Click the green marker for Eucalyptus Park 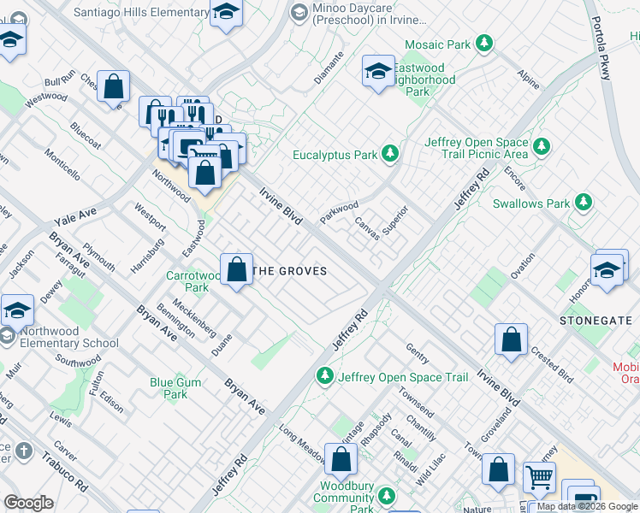[x=390, y=155]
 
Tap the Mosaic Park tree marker [x=484, y=42]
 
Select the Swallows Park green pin [x=583, y=203]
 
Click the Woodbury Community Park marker [x=387, y=496]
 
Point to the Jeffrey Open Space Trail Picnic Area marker [x=541, y=147]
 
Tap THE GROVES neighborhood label [x=291, y=271]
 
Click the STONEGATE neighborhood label [x=596, y=321]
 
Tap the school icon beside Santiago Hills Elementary [x=226, y=13]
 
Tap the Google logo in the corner [x=29, y=503]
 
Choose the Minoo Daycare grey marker [x=298, y=12]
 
